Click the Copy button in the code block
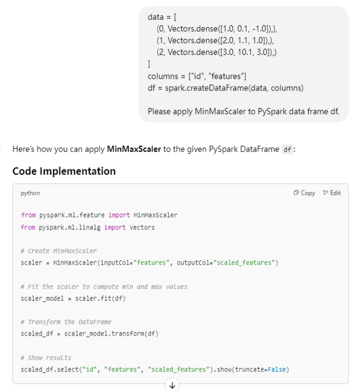click(305, 193)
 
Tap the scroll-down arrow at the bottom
click(172, 385)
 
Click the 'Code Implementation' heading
click(64, 171)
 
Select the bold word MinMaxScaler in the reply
click(134, 149)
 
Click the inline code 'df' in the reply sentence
click(287, 150)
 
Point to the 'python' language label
click(31, 193)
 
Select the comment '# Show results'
click(45, 357)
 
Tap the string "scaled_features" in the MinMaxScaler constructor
click(245, 262)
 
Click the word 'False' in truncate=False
click(277, 370)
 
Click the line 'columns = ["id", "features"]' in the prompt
click(197, 76)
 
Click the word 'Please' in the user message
click(159, 111)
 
